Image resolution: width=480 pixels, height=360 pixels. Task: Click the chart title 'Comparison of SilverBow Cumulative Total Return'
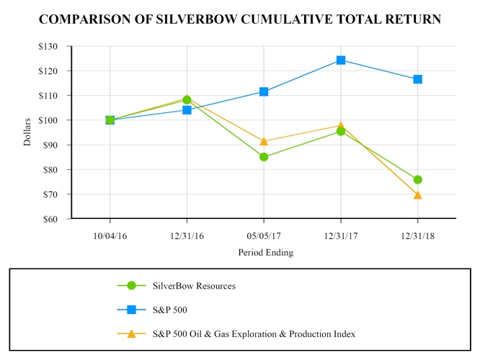(240, 19)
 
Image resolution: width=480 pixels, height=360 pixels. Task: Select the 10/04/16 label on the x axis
(110, 235)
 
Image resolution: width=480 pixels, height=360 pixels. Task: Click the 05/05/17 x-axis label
(264, 235)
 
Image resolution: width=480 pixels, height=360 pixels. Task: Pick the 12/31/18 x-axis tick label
(417, 235)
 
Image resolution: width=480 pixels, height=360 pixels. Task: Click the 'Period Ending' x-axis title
(265, 253)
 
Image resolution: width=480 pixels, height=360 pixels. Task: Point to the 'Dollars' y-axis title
(27, 132)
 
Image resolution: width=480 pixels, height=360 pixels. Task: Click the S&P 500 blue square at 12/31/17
(341, 60)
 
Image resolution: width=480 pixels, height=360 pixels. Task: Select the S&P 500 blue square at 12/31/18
(418, 79)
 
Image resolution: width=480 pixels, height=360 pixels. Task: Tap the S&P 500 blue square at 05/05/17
(264, 91)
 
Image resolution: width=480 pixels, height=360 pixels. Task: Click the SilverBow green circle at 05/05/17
(264, 157)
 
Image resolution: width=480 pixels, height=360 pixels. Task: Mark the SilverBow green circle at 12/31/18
(418, 179)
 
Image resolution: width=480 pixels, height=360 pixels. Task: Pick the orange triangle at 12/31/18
(418, 194)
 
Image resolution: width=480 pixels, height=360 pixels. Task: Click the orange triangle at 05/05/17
(264, 141)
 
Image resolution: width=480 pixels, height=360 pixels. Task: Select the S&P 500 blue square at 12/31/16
(187, 110)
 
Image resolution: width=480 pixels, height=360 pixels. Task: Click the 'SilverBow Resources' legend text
(194, 286)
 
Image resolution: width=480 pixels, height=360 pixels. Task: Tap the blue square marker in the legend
(131, 310)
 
